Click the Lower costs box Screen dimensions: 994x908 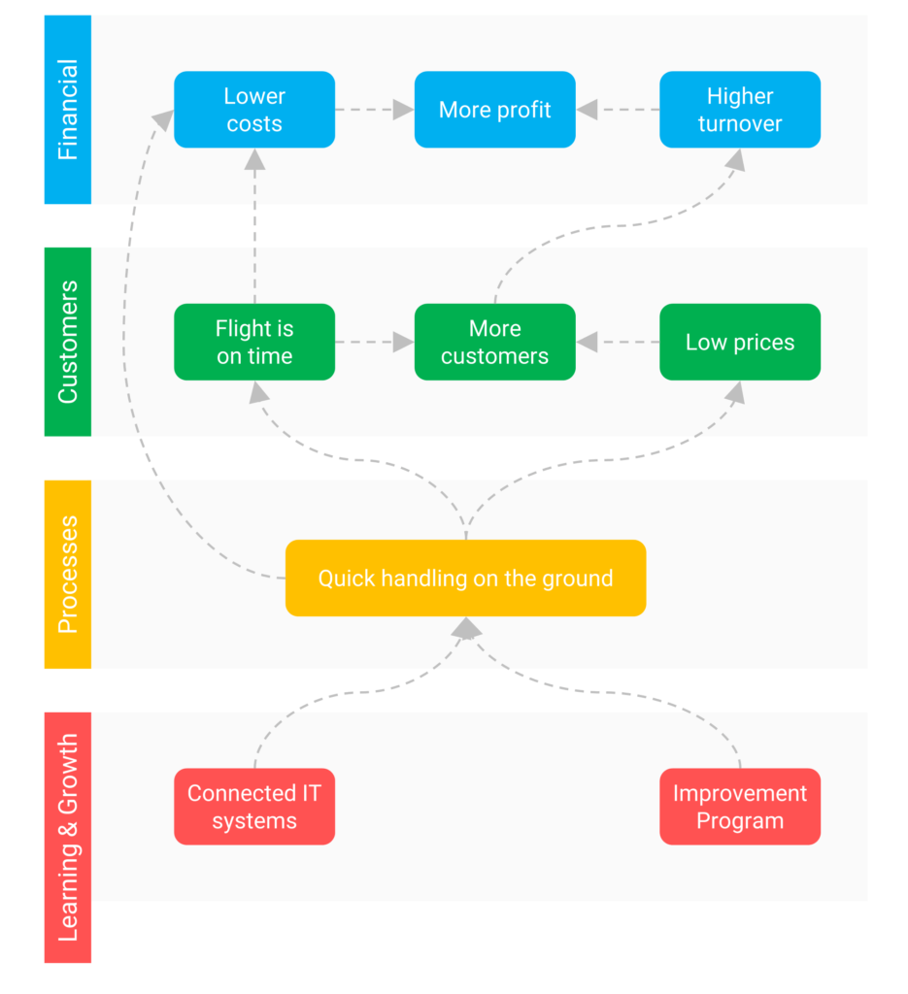pos(254,110)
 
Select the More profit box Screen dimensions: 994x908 pos(494,110)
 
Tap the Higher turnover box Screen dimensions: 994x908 pos(739,110)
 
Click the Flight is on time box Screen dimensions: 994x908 pos(254,342)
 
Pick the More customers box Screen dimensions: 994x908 pos(494,342)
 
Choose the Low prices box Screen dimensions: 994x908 pos(739,342)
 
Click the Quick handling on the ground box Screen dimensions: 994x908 pos(465,578)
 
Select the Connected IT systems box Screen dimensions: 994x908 pos(254,807)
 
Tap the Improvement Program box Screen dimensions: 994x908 pos(739,807)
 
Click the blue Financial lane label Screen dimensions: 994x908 pos(67,110)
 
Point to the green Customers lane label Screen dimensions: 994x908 pos(67,342)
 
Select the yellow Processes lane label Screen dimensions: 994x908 pos(67,574)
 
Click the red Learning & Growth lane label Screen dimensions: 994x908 pos(67,837)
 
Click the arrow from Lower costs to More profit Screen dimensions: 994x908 pos(375,110)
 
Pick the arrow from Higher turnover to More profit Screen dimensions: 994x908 pos(618,110)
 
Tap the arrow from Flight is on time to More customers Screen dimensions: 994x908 pos(375,342)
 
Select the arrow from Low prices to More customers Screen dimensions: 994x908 pos(618,342)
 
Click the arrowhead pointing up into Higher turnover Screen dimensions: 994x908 pos(735,160)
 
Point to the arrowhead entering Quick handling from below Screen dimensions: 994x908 pos(466,629)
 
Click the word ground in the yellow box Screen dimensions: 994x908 pos(581,579)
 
